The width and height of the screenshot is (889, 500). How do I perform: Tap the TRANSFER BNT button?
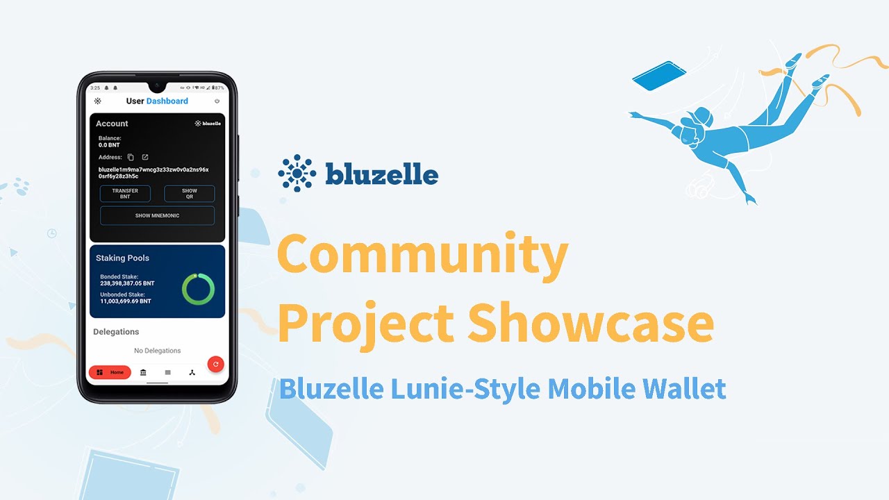click(x=125, y=194)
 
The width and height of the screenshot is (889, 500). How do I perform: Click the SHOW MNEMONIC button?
click(x=157, y=215)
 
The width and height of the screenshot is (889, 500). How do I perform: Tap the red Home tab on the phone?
click(x=110, y=372)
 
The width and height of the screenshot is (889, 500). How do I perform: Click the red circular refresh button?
click(x=216, y=364)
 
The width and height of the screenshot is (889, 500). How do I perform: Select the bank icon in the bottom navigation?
click(x=143, y=372)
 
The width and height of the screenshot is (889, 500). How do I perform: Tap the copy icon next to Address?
click(x=131, y=158)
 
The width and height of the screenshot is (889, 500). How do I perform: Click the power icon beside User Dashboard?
click(x=217, y=101)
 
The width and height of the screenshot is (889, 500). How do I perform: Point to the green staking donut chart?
click(x=198, y=289)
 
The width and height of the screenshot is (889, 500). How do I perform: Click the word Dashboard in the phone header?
click(x=167, y=101)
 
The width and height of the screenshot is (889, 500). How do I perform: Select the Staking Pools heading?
click(x=122, y=258)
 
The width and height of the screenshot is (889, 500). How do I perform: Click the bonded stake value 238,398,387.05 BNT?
click(x=127, y=283)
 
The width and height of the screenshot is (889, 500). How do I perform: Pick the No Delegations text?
click(x=157, y=351)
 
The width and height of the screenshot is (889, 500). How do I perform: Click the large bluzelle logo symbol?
click(x=297, y=173)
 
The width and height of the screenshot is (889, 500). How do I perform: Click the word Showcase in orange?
click(x=590, y=324)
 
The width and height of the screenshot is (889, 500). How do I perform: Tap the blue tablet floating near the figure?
click(x=658, y=76)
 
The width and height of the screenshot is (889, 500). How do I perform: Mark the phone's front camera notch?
click(x=157, y=87)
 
